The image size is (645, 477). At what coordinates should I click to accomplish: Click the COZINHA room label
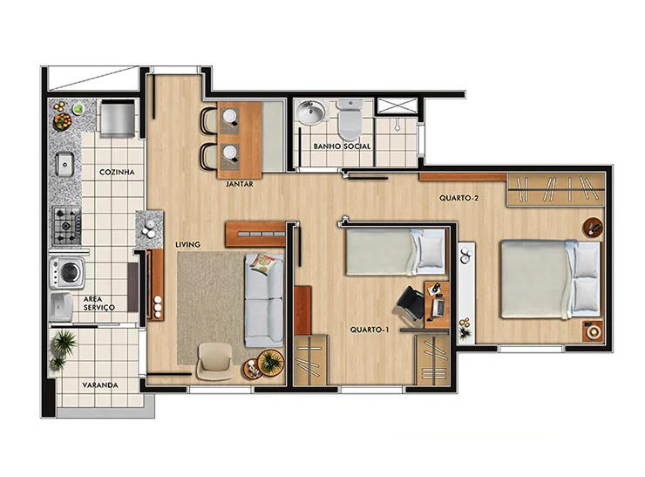(x=117, y=172)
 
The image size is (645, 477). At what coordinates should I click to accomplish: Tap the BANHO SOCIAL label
(x=342, y=147)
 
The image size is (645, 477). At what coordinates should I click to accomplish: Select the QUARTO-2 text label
(x=458, y=198)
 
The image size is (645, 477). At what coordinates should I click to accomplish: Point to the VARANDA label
(x=100, y=385)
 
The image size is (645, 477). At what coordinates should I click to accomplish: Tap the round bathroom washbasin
(x=310, y=111)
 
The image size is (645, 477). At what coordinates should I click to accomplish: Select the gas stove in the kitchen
(x=66, y=226)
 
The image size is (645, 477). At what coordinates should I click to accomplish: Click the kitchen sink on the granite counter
(x=64, y=164)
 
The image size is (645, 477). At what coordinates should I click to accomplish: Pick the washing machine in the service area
(x=67, y=272)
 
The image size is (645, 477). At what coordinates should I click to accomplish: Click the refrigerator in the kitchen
(x=118, y=118)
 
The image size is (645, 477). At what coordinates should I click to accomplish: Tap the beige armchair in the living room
(x=215, y=362)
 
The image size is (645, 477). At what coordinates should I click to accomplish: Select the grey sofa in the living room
(x=264, y=301)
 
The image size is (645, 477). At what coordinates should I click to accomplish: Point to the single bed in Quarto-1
(x=396, y=252)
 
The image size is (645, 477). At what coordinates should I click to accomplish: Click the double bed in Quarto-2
(x=550, y=279)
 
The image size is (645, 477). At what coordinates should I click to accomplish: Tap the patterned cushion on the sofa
(x=264, y=264)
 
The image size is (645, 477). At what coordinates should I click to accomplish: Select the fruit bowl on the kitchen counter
(x=63, y=121)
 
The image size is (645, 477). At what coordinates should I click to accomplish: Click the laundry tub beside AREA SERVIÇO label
(x=61, y=307)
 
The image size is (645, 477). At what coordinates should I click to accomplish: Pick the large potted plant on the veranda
(x=64, y=343)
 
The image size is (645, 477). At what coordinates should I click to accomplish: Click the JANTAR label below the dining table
(x=240, y=184)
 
